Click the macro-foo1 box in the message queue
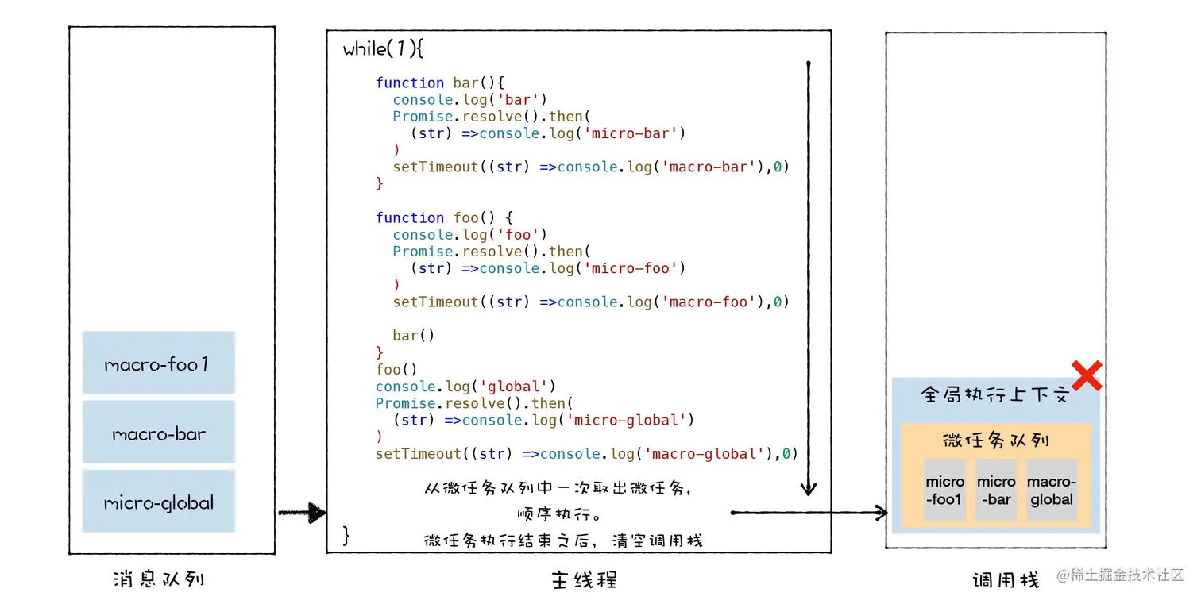pos(158,363)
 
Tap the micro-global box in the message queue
pos(158,501)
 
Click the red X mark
pos(1086,376)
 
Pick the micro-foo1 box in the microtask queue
pos(944,490)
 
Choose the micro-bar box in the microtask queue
pos(996,490)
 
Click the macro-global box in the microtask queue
pos(1052,490)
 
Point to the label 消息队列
pos(159,578)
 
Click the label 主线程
pos(584,579)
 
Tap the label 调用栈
pos(1006,580)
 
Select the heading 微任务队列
pos(996,440)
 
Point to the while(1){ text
pos(383,49)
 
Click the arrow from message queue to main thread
pos(302,513)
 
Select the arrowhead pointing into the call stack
pos(880,513)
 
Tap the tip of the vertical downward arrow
pos(809,490)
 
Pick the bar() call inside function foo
pos(413,335)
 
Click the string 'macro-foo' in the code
pos(708,302)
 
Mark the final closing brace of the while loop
pos(346,534)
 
